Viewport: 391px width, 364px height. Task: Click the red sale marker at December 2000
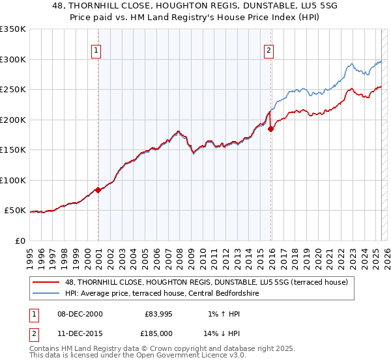[x=98, y=190]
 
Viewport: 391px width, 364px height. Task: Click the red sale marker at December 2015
[x=270, y=129]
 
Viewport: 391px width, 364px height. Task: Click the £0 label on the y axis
[x=20, y=240]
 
